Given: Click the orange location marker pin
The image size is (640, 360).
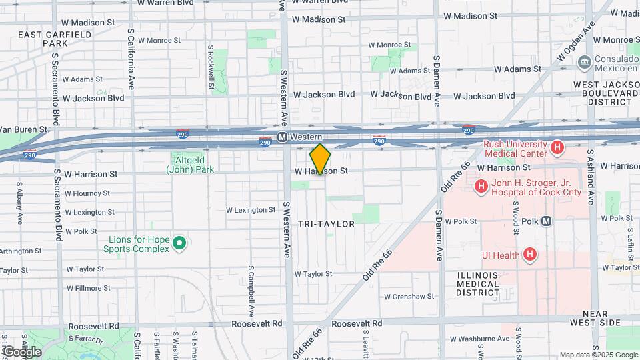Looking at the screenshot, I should pos(320,159).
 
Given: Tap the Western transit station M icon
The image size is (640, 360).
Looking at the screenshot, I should pos(283,137).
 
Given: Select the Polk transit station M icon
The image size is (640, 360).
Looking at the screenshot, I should pos(546,221).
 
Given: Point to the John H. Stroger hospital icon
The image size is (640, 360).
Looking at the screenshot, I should pos(480,186).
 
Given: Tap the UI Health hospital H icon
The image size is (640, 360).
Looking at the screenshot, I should pos(530,254).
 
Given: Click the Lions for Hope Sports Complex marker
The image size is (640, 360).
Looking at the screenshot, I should pos(179,243).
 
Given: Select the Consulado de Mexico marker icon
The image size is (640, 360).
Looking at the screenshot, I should pos(585,62).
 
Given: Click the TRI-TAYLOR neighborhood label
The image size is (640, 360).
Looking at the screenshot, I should pos(327,224).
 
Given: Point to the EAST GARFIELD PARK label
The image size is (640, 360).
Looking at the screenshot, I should pos(42,39).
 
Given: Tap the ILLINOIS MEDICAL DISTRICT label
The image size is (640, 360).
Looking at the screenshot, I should pos(478,284).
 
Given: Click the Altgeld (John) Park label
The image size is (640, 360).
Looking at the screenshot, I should pos(190,165).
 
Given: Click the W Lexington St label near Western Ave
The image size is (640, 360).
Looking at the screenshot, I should pos(251,209).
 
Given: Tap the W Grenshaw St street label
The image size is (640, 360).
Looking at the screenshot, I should pos(409,296).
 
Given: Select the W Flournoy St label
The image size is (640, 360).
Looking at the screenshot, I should pos(87,193).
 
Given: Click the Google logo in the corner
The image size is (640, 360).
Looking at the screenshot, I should pos(21,351).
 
